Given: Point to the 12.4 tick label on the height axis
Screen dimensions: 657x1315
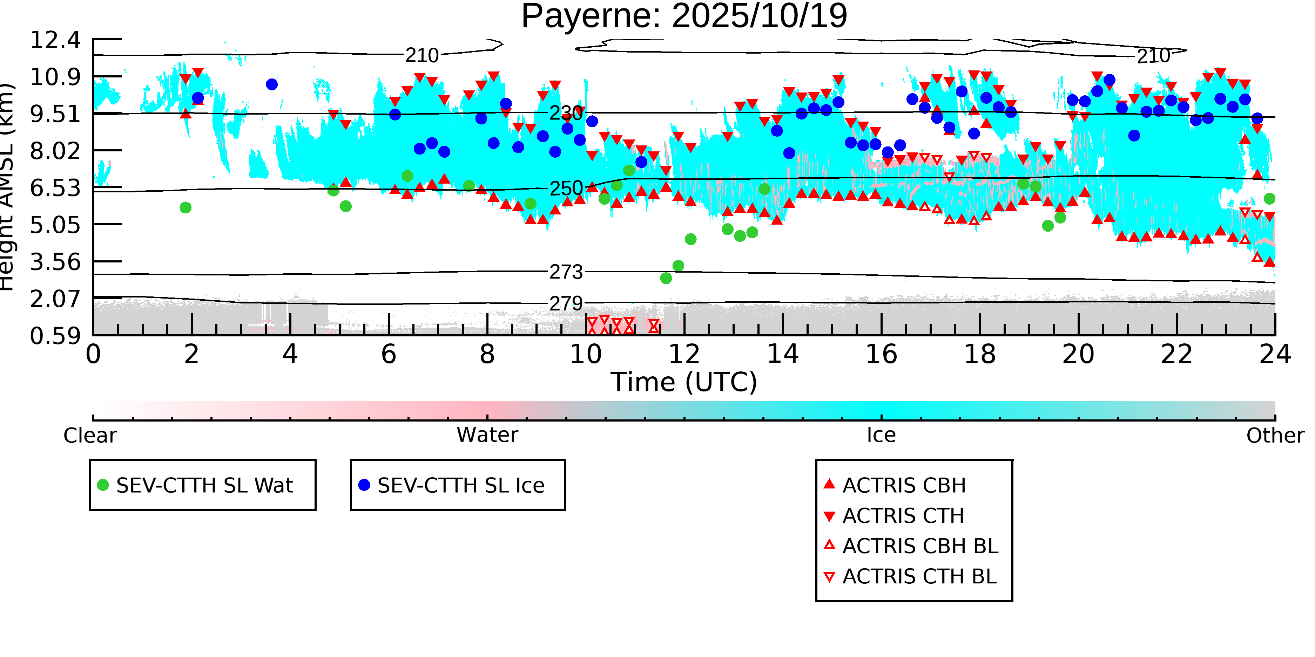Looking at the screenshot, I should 55,40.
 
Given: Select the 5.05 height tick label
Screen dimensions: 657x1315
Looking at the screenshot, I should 55,225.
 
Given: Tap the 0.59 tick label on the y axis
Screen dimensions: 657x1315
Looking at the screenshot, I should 55,336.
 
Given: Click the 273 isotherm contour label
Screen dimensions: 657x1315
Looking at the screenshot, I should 566,272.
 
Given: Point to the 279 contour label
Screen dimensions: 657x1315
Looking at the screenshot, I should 566,304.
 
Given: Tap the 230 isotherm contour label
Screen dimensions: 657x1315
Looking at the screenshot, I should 566,113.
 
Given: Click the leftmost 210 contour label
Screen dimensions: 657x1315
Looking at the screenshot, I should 422,55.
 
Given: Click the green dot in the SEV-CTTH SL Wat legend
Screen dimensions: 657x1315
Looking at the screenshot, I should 103,485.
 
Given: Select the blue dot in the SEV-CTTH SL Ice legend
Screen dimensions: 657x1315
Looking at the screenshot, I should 364,485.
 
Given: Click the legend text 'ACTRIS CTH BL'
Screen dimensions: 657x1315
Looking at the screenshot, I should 919,576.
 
